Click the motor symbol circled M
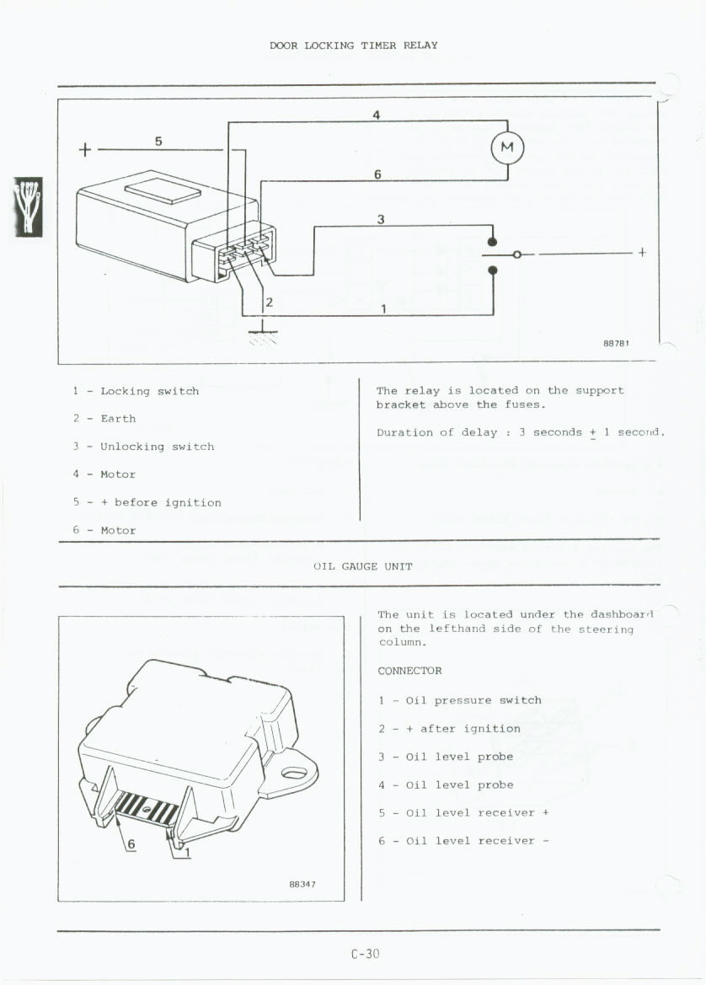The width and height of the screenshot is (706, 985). click(x=508, y=148)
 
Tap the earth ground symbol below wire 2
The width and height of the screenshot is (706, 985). click(x=263, y=335)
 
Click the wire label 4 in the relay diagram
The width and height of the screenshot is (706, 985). click(x=377, y=115)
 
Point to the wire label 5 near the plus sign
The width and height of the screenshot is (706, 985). click(x=158, y=141)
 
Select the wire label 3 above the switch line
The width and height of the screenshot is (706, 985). click(x=381, y=219)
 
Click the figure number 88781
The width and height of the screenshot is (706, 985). click(x=617, y=343)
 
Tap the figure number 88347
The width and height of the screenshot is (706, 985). click(x=302, y=885)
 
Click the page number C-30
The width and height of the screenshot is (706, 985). click(x=366, y=954)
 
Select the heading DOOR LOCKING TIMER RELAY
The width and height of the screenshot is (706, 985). click(x=353, y=46)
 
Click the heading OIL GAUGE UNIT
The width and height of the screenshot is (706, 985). click(x=362, y=566)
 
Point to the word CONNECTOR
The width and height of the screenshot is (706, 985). click(x=409, y=671)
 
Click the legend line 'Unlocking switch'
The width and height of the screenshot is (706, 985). click(x=157, y=447)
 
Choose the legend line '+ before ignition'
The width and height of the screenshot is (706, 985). click(x=160, y=502)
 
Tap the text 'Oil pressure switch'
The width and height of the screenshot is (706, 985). click(x=473, y=700)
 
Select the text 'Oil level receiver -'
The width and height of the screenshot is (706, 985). click(x=478, y=840)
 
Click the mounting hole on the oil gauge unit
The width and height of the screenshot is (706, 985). click(x=293, y=772)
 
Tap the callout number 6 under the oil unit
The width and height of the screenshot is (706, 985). click(x=131, y=844)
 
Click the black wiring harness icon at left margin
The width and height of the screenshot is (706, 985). click(x=28, y=206)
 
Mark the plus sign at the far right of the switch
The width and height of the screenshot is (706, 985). click(x=643, y=252)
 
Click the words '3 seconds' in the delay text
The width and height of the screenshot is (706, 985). click(x=551, y=432)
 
